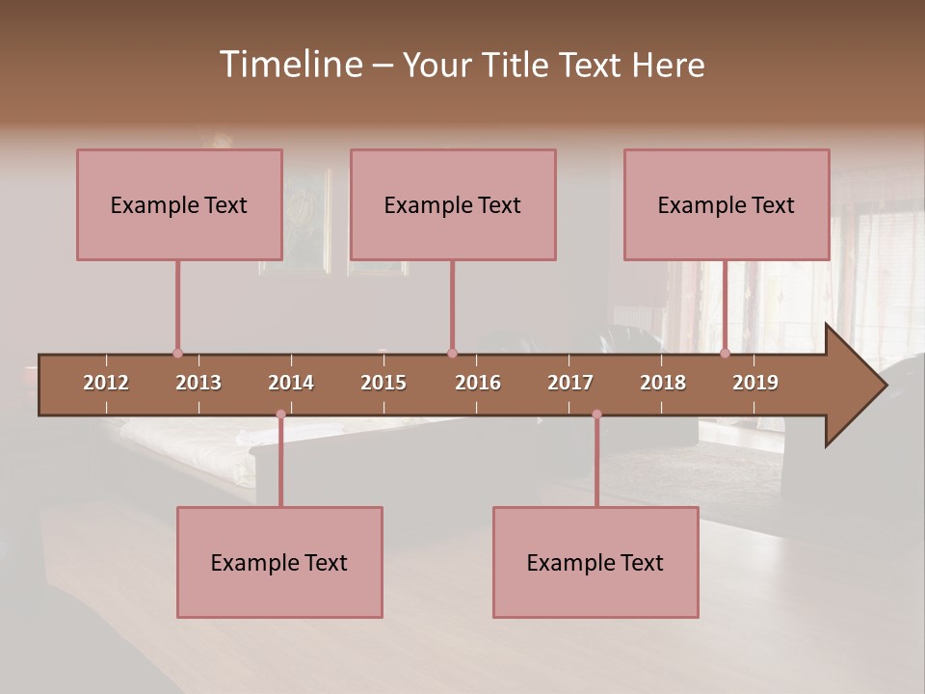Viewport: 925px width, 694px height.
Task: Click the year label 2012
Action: click(x=106, y=383)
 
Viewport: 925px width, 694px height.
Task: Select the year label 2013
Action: click(x=198, y=383)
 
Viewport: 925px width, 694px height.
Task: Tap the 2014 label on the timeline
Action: click(x=291, y=383)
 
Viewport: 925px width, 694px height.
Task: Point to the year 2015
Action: click(x=383, y=383)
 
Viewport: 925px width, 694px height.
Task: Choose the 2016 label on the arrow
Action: click(x=478, y=383)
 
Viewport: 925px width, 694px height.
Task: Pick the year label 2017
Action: click(x=570, y=383)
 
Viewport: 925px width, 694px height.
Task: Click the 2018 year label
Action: click(x=663, y=383)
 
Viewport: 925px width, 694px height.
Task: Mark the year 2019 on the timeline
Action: click(x=755, y=383)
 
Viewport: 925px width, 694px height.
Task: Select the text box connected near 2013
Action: click(x=179, y=204)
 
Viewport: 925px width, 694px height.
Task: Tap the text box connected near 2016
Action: click(x=453, y=204)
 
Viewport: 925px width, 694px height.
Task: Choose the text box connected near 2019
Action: click(x=727, y=204)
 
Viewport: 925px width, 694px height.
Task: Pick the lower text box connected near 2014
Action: click(x=279, y=562)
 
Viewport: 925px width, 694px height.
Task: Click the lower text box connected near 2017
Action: click(x=595, y=562)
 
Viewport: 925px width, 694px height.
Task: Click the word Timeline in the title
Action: click(x=290, y=65)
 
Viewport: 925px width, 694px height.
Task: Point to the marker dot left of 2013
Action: click(x=177, y=354)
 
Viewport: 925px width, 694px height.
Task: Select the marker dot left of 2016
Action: click(x=452, y=354)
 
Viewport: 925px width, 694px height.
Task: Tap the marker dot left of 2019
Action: click(x=726, y=354)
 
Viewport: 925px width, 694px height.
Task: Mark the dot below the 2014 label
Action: click(x=280, y=414)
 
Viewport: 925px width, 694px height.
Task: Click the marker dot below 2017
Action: click(x=596, y=414)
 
